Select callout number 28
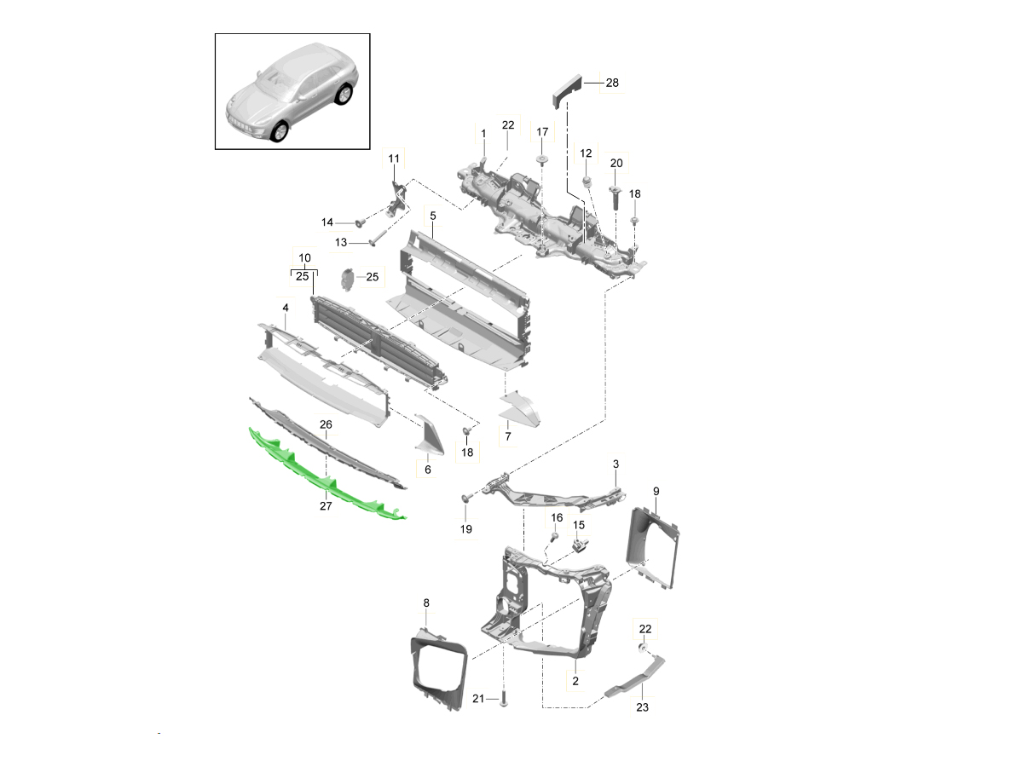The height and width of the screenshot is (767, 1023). click(x=612, y=84)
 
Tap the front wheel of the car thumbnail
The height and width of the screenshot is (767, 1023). click(x=279, y=132)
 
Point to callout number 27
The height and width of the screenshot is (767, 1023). click(x=326, y=506)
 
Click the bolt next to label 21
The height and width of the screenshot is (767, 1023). click(x=503, y=699)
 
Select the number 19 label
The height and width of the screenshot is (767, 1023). click(x=466, y=529)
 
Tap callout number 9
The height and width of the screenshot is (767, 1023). click(x=656, y=491)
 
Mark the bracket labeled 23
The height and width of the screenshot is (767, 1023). click(x=635, y=682)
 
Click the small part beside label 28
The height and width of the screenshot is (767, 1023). click(x=564, y=88)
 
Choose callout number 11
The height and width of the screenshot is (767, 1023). click(x=393, y=159)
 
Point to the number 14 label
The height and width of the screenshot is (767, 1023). click(x=327, y=222)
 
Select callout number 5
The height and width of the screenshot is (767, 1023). click(x=433, y=216)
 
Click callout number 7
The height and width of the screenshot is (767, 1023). click(x=507, y=437)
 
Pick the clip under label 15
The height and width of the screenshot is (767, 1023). click(x=582, y=544)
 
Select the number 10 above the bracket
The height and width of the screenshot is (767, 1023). click(x=304, y=257)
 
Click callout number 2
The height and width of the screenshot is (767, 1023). click(x=575, y=681)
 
